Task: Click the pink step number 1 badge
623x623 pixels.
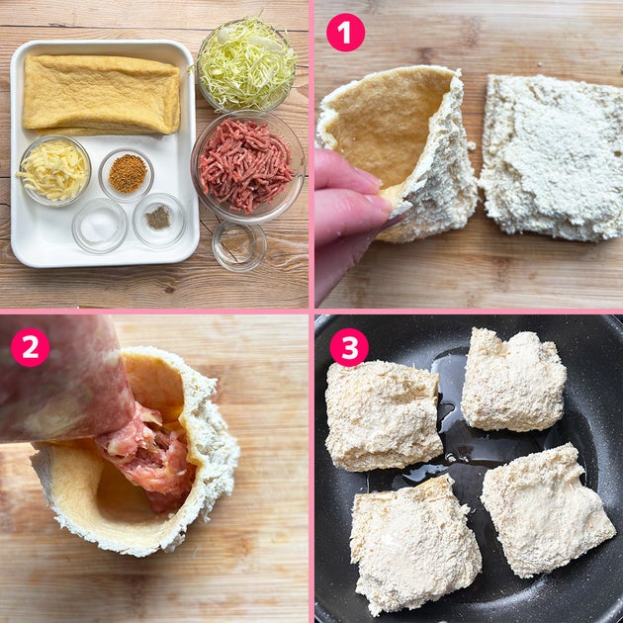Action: tap(345, 33)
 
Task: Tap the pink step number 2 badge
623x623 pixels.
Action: tap(31, 347)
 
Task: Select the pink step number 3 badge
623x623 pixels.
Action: tap(349, 347)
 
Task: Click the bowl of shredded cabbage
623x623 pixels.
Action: tap(246, 63)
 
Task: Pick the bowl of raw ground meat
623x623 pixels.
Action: tap(247, 167)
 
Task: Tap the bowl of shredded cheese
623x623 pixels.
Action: tap(54, 171)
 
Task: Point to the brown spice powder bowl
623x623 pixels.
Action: tap(127, 174)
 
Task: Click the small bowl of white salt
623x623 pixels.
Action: tap(100, 225)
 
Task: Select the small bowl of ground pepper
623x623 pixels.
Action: tap(159, 220)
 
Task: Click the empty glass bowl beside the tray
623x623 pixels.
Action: tap(239, 246)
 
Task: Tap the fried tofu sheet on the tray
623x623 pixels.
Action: tap(101, 95)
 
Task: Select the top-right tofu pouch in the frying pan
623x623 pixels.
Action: tap(513, 380)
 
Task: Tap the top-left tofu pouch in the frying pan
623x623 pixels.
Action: tap(383, 415)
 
